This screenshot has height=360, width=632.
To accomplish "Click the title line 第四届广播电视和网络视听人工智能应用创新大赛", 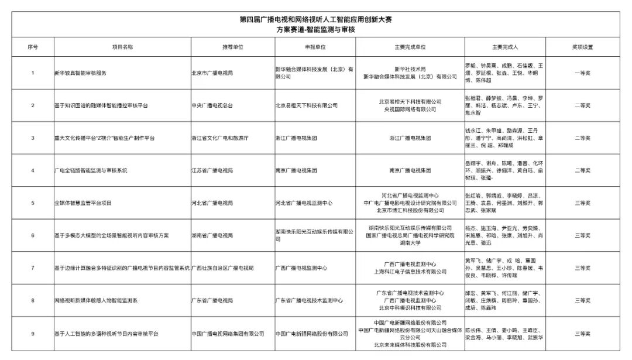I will tap(315, 19).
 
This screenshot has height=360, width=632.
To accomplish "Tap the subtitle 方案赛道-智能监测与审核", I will tap(315, 29).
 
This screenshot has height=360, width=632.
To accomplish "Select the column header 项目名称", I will tap(122, 47).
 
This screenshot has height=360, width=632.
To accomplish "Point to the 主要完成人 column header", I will tap(506, 47).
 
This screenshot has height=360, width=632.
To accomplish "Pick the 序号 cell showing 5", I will tap(33, 203).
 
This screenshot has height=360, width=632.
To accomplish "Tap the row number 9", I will tap(33, 334).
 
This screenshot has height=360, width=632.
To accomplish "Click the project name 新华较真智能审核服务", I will tap(80, 73).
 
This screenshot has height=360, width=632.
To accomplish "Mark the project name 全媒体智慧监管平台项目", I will tap(83, 203).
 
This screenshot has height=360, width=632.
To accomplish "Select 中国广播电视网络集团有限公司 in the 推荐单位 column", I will tap(228, 334).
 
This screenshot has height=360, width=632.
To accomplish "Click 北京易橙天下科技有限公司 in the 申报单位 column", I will tap(306, 105).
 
